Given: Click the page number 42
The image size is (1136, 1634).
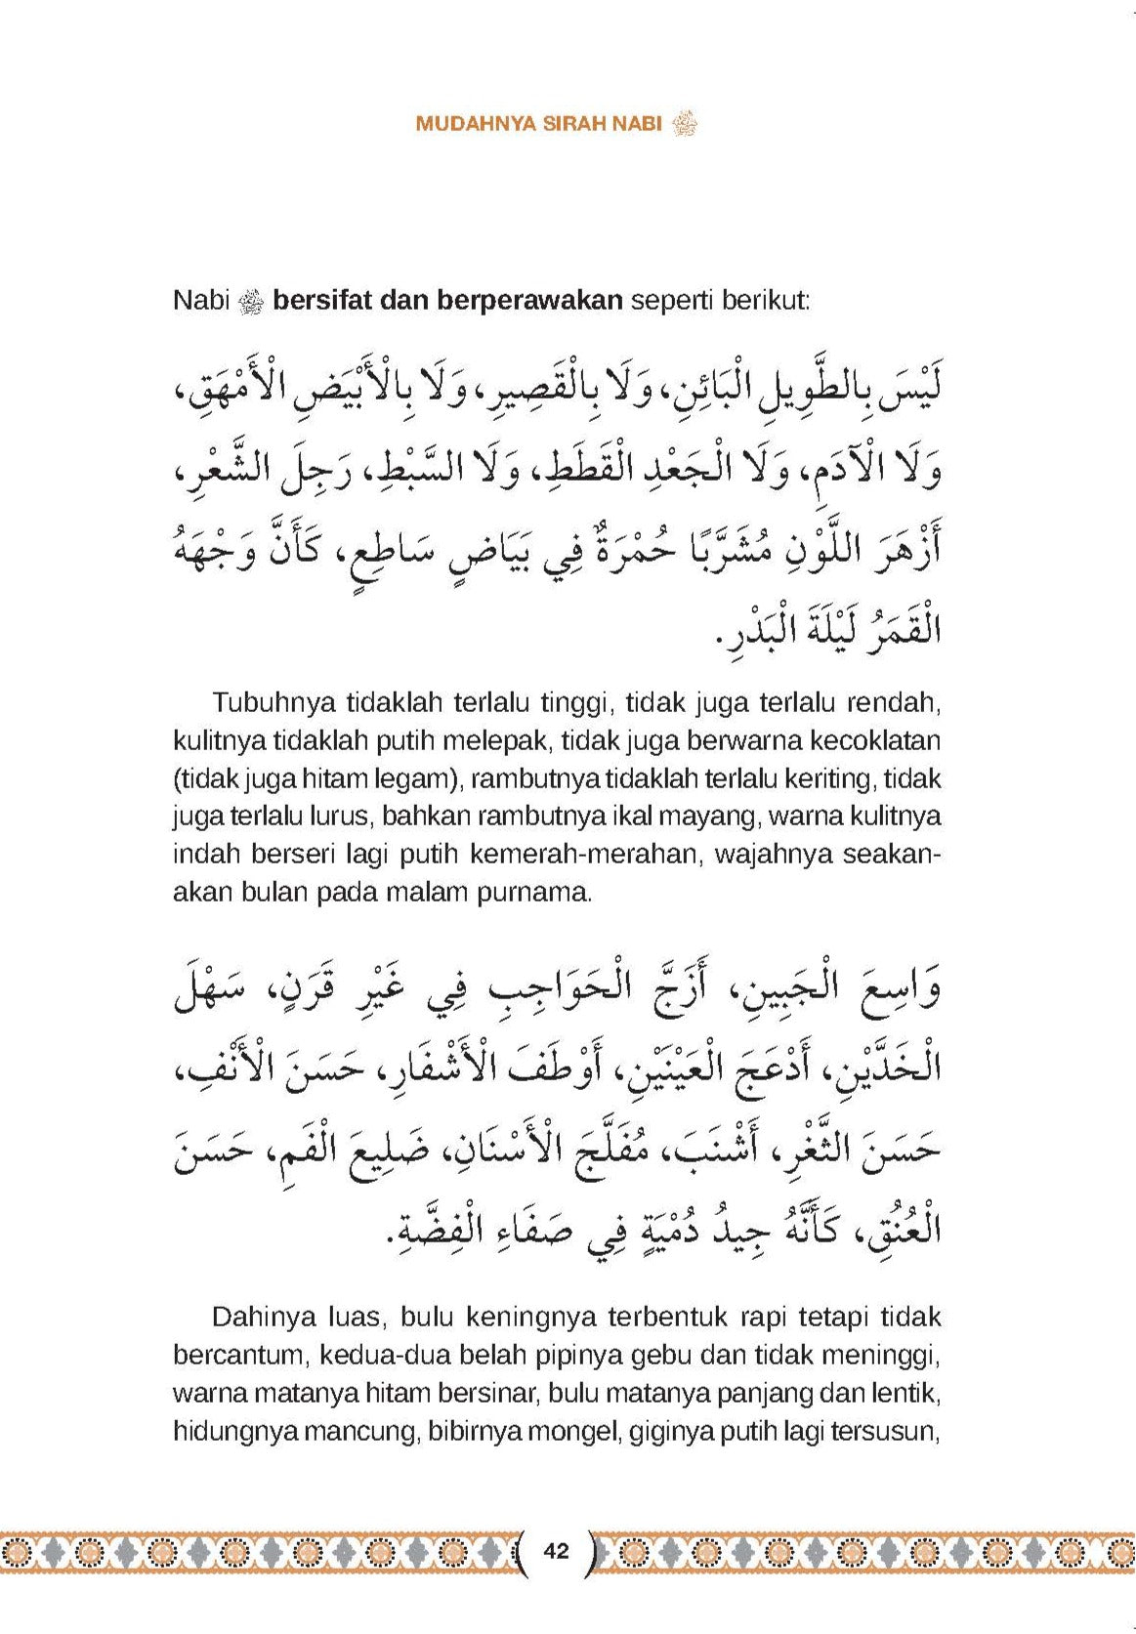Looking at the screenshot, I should (x=557, y=1550).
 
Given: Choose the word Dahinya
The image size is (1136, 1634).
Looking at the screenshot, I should (x=259, y=1317).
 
